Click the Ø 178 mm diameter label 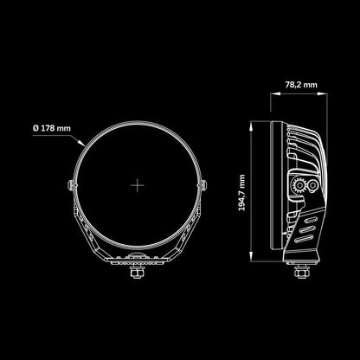coord(52,128)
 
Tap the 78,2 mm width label coord(301,85)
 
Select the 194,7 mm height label coord(242,192)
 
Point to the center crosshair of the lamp coord(138,185)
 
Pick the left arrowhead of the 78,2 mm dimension coord(275,93)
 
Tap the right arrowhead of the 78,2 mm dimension coord(322,93)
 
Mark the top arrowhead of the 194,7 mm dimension coord(252,126)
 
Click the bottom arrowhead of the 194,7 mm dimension coord(252,256)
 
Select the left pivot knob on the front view coord(70,185)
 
